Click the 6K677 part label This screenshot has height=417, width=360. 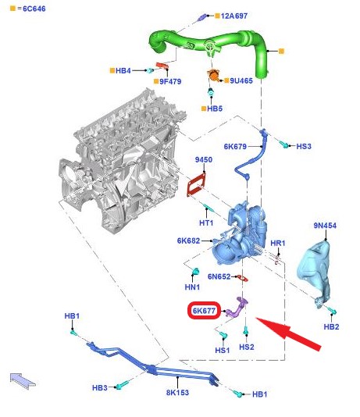204,311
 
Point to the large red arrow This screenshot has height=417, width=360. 288,333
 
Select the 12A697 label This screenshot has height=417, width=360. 234,16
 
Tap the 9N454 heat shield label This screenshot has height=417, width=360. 325,226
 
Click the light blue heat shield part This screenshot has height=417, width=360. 314,274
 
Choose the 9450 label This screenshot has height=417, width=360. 204,159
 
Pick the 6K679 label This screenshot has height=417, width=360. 235,147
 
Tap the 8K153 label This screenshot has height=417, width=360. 177,393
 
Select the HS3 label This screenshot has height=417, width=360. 304,146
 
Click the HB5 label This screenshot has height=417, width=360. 215,109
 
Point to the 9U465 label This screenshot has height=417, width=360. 241,80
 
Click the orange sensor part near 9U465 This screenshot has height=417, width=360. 213,75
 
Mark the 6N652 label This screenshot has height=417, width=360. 219,276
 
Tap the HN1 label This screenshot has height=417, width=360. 192,287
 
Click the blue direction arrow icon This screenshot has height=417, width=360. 23,381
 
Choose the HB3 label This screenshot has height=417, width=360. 100,388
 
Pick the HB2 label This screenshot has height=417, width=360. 331,326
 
